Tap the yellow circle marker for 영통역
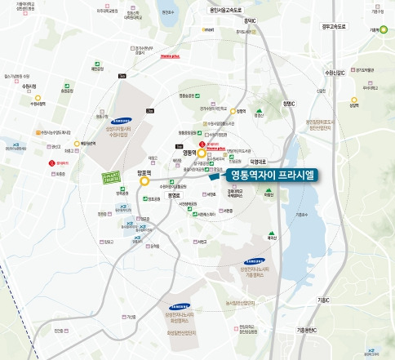201,151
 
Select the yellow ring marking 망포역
144,181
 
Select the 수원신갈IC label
336,72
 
